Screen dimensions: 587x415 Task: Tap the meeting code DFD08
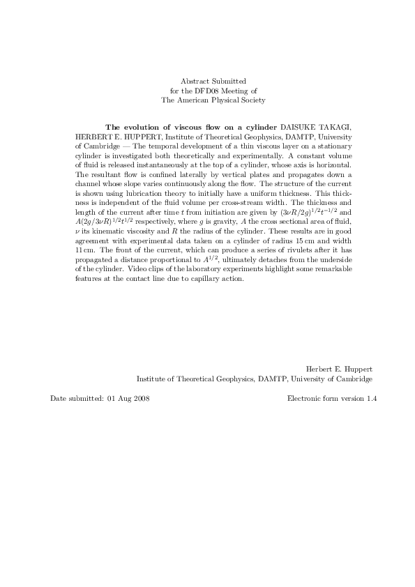[211, 91]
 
